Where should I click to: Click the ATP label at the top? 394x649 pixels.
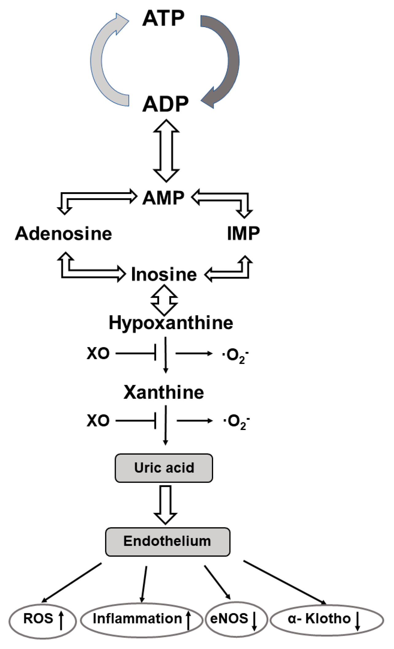[x=163, y=18]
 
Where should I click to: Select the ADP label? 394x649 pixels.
[x=165, y=104]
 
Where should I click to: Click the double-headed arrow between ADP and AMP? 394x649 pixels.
[x=166, y=151]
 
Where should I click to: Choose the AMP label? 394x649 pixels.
[x=163, y=197]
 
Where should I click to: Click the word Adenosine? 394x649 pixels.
[x=64, y=233]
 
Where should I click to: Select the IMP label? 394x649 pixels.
[x=243, y=233]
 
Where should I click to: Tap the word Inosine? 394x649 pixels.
[x=164, y=274]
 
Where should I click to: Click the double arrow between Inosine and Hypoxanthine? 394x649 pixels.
[x=164, y=300]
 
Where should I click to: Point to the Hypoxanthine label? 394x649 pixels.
[x=171, y=323]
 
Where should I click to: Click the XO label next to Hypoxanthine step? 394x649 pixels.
[x=98, y=353]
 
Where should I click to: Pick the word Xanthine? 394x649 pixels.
[x=163, y=392]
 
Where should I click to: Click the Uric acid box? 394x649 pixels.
[x=164, y=468]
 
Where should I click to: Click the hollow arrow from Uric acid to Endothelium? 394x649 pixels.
[x=165, y=504]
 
